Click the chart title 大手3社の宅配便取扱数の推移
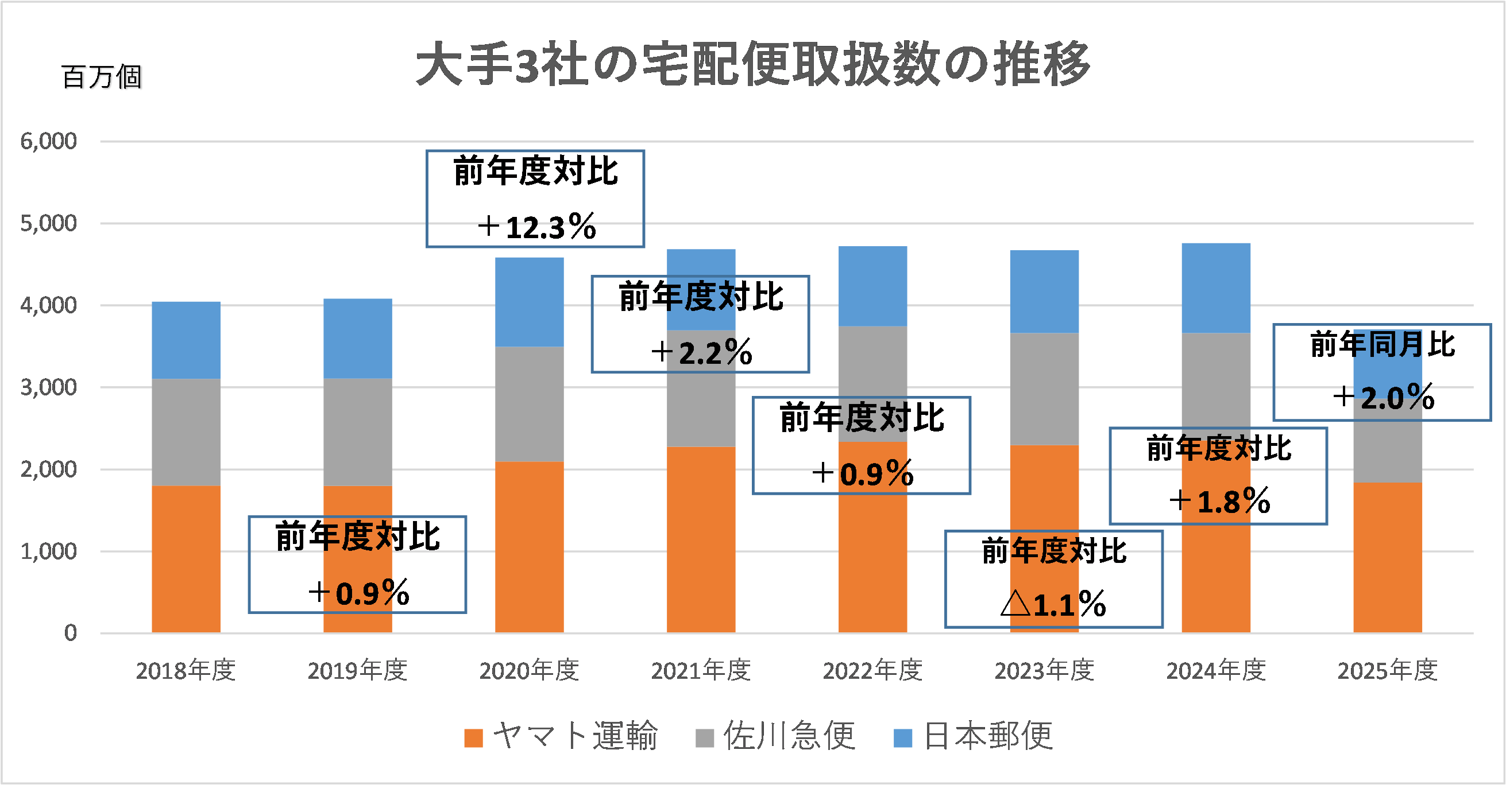[x=752, y=64]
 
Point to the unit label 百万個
[x=101, y=77]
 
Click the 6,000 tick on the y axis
[x=48, y=141]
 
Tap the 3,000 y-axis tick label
[x=48, y=387]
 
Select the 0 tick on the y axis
[x=70, y=633]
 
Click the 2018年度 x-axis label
[x=186, y=670]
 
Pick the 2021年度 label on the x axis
[x=701, y=670]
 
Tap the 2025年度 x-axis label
[x=1387, y=670]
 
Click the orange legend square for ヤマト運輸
[x=473, y=738]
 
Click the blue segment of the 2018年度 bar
[x=186, y=340]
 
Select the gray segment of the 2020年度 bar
[x=529, y=404]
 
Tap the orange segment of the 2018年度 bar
[x=186, y=559]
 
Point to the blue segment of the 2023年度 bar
[x=1044, y=292]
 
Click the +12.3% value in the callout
[x=536, y=227]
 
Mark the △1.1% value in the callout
[x=1053, y=604]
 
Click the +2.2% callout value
[x=701, y=353]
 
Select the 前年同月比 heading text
[x=1382, y=344]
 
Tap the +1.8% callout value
[x=1219, y=501]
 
